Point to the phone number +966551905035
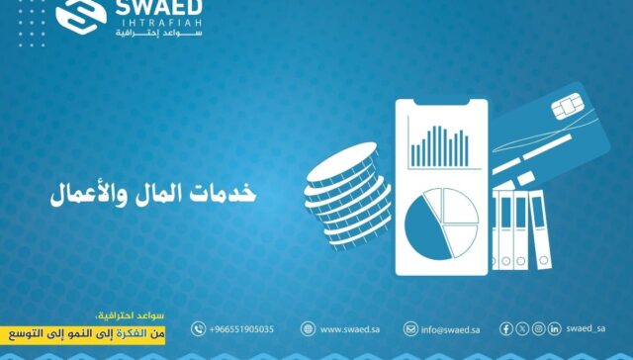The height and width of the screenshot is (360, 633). click(x=241, y=328)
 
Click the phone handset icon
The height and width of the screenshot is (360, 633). click(x=199, y=328)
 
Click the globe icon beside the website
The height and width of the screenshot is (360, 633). click(x=308, y=328)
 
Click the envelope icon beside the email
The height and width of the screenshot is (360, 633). click(x=410, y=328)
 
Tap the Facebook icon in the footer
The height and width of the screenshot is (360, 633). click(x=507, y=328)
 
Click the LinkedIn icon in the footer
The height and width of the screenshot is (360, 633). click(x=554, y=328)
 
